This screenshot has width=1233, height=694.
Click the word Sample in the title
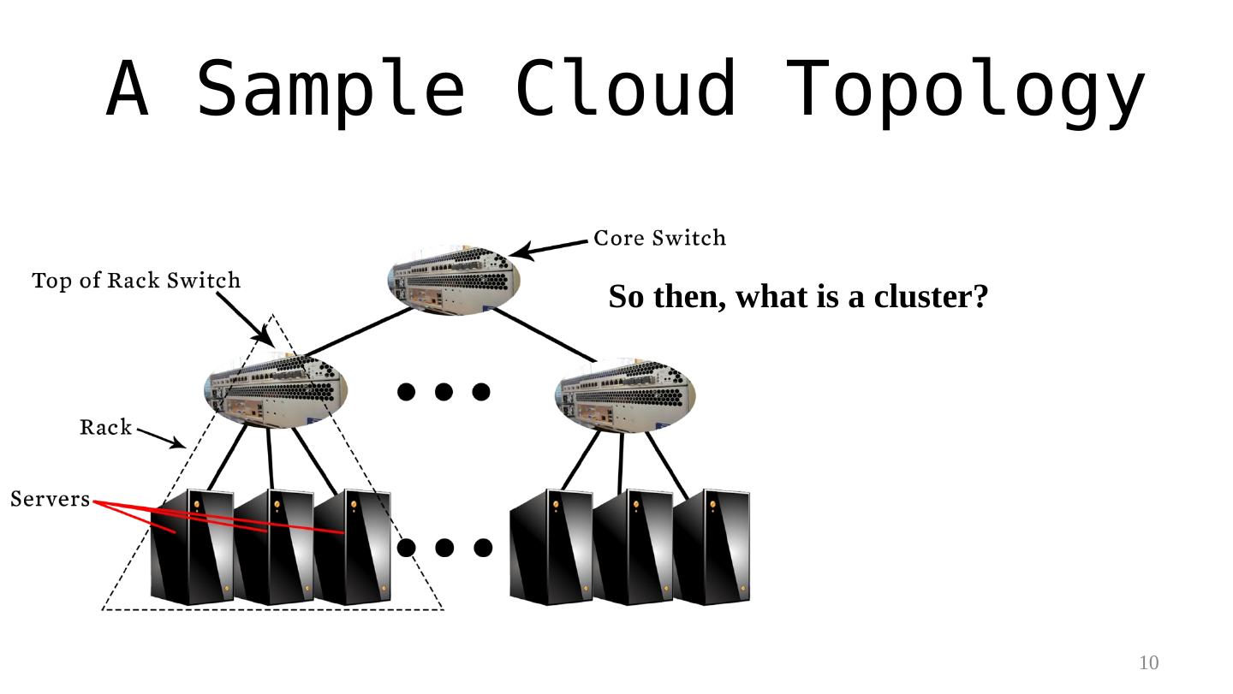(331, 89)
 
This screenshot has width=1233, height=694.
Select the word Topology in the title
(965, 89)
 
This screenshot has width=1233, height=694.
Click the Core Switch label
(659, 238)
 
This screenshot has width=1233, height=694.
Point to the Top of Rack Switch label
(136, 281)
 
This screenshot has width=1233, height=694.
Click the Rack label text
(106, 427)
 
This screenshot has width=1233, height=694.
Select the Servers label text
(50, 499)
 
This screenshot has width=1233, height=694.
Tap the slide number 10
(1148, 662)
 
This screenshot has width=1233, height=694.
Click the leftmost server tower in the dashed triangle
(191, 548)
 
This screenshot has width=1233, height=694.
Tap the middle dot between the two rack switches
(444, 392)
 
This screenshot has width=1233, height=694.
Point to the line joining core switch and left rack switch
(360, 332)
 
